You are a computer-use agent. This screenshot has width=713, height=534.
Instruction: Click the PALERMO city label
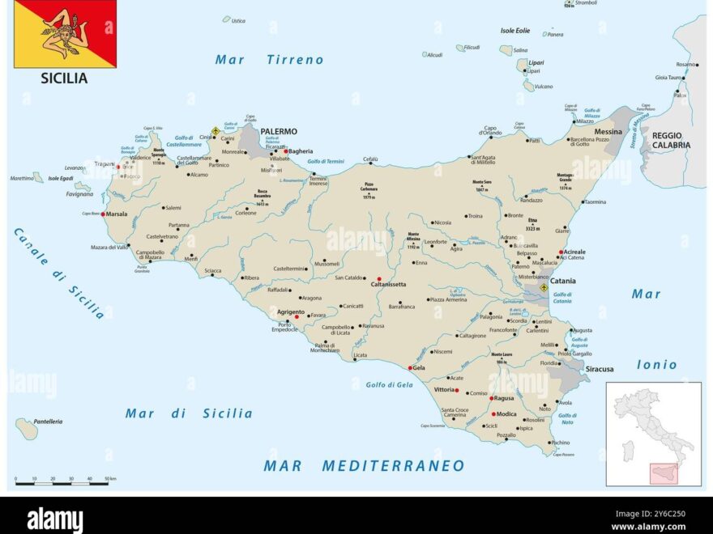(279, 131)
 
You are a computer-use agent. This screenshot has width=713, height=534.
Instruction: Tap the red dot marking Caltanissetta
(379, 279)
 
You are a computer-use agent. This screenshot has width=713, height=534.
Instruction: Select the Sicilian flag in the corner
(66, 33)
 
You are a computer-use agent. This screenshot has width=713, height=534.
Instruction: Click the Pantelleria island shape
(26, 429)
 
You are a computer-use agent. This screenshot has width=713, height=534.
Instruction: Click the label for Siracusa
(600, 369)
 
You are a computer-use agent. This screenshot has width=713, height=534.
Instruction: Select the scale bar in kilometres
(62, 482)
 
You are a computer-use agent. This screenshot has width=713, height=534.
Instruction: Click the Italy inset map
(653, 434)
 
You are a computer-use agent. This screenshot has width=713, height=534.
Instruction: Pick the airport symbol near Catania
(544, 287)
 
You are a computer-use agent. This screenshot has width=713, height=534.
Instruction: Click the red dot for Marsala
(103, 214)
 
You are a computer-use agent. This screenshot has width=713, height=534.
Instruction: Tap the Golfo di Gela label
(389, 385)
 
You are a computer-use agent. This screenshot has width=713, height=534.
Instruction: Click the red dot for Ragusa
(491, 398)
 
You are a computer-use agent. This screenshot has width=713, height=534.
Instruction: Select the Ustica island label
(238, 21)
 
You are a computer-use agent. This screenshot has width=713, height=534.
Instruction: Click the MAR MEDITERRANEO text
(364, 466)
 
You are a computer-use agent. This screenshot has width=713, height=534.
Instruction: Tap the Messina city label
(608, 131)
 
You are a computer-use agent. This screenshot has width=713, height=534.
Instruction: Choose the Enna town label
(421, 263)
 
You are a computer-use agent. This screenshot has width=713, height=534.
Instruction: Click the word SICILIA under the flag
(64, 78)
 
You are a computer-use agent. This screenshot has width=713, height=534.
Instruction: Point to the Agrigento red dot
(297, 316)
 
